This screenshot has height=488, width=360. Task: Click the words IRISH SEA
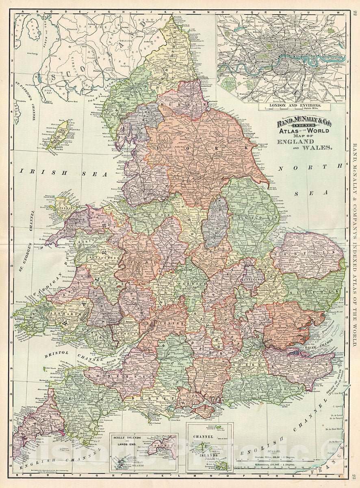63,172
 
